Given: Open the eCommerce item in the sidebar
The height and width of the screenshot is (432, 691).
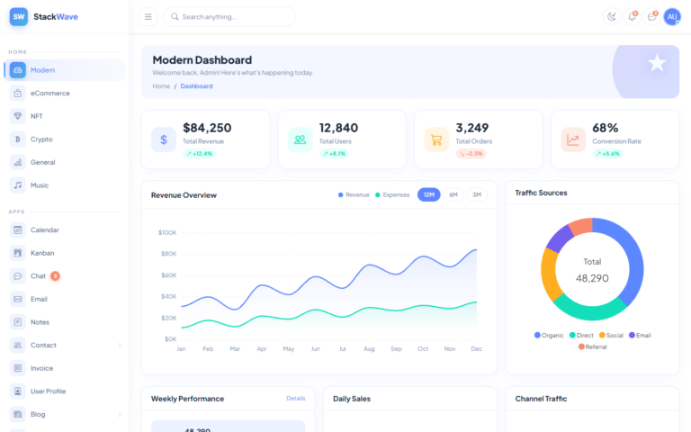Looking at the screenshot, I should [x=49, y=93].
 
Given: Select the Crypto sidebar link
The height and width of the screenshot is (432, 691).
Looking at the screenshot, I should [x=41, y=139].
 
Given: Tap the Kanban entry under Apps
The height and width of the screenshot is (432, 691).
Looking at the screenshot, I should [x=42, y=253].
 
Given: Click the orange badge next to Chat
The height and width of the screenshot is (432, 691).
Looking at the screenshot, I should [x=55, y=276].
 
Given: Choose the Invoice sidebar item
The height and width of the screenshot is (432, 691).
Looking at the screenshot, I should [x=41, y=368].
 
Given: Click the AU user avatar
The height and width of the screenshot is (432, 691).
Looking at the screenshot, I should [x=672, y=16].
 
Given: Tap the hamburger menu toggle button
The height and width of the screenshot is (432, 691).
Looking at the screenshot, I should [x=148, y=16].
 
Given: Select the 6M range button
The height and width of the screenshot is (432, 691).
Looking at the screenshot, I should [x=453, y=194].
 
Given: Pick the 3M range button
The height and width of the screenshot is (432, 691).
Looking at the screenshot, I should [x=477, y=194].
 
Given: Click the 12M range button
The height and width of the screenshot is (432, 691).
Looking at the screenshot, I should [x=429, y=194].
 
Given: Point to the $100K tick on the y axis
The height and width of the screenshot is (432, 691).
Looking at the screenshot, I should [x=167, y=232].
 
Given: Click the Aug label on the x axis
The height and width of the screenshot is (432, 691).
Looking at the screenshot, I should [x=369, y=348].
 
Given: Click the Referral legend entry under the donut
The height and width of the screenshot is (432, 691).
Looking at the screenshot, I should [x=592, y=346].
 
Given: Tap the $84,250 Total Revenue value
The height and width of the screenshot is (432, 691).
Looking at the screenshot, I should [x=207, y=128].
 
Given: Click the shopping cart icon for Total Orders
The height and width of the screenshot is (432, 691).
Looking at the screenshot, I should [x=436, y=139].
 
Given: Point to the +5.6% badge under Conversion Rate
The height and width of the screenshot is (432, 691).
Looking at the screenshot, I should [x=607, y=154].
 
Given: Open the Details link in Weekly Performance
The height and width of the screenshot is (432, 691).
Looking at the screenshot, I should [x=296, y=398].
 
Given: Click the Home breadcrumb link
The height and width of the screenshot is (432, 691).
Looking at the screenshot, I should [x=161, y=86].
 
